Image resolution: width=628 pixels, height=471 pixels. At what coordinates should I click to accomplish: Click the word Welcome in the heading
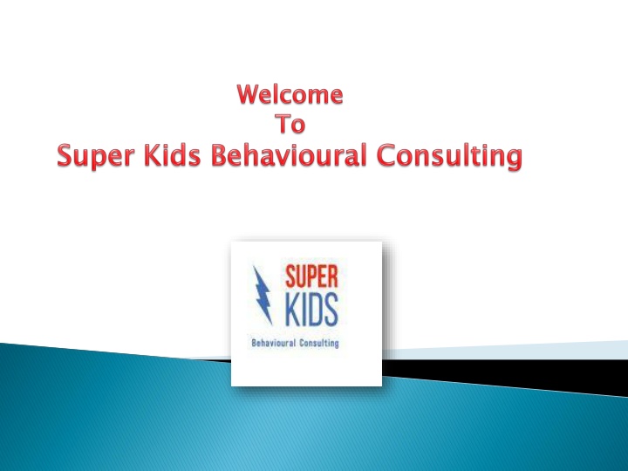coord(290,94)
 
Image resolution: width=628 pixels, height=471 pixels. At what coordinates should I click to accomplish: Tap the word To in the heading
coord(290,124)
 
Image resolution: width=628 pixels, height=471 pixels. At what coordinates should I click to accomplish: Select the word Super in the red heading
coord(96,156)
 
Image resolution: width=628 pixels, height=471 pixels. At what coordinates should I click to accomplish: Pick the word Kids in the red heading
coord(172,155)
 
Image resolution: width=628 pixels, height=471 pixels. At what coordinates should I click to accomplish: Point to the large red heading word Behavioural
coord(289,155)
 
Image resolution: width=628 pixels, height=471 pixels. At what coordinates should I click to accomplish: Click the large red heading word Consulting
coord(449,156)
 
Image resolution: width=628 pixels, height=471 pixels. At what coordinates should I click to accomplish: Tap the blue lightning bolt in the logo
coord(263,295)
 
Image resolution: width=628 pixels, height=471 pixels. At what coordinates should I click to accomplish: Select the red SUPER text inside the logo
coord(311,276)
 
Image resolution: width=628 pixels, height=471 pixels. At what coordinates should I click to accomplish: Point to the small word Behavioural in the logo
coord(274,344)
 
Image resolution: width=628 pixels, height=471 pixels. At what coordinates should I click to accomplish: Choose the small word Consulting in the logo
coord(319,344)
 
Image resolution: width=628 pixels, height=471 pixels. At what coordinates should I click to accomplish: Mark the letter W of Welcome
coord(249,94)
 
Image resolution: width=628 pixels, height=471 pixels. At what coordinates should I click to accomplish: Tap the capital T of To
coord(282,124)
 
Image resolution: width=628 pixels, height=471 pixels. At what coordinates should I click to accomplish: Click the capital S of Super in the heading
coord(65,155)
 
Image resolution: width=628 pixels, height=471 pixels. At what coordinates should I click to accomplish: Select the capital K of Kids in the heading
coord(152,155)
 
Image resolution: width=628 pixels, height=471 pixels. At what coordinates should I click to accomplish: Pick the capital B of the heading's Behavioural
coord(219,155)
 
